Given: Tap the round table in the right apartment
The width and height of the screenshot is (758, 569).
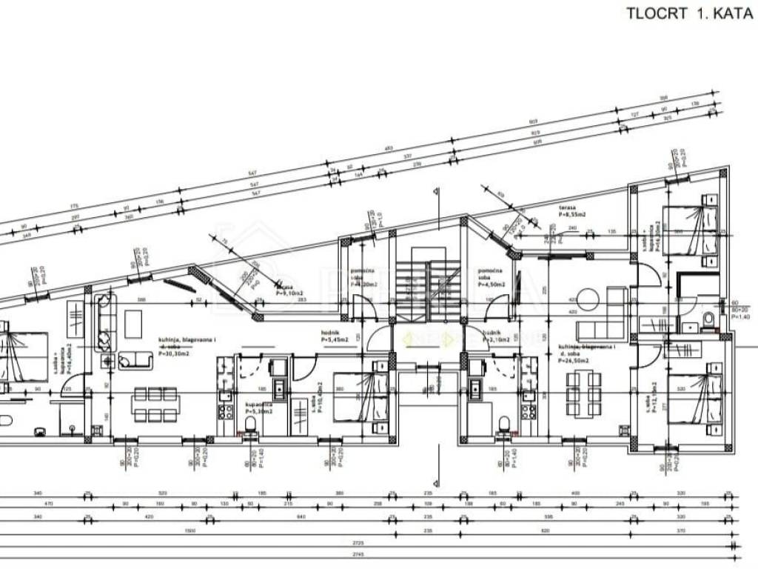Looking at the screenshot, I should (588, 299).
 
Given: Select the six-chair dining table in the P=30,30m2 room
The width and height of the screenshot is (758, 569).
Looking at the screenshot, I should (148, 402).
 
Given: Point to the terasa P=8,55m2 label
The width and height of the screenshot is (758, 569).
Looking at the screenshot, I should (572, 211).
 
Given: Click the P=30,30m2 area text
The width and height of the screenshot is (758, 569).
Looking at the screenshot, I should (175, 353).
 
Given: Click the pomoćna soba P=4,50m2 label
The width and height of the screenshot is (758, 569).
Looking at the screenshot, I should (492, 277).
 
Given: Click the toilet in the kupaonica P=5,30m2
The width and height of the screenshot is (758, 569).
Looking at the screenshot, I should (250, 424).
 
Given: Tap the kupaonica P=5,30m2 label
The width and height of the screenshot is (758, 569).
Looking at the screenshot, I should (258, 407).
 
